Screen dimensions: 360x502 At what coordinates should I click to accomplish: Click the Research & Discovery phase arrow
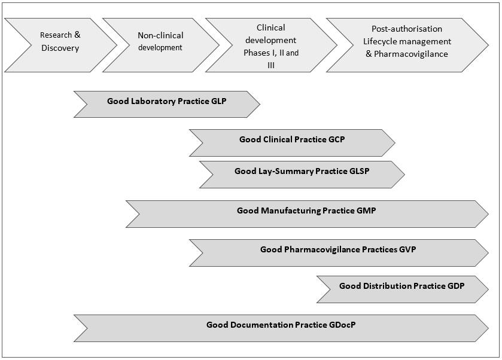pos(60,42)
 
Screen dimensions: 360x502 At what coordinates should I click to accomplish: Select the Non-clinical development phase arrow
pos(160,42)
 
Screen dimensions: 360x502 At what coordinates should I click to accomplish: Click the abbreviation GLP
pos(219,101)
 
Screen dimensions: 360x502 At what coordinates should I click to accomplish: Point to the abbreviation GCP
pos(337,139)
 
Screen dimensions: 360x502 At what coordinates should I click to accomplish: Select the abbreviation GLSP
pos(359,171)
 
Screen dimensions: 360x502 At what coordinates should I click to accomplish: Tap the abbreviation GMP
pos(366,210)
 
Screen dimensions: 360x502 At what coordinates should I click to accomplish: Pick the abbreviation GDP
pos(456,286)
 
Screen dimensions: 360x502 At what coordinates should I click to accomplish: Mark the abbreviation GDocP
pos(343,325)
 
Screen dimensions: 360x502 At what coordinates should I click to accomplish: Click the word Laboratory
pos(153,101)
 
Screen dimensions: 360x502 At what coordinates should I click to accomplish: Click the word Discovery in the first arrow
pos(60,48)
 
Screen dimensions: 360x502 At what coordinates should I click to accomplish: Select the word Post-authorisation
pos(406,29)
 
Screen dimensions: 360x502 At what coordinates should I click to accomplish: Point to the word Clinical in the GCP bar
pos(278,139)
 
